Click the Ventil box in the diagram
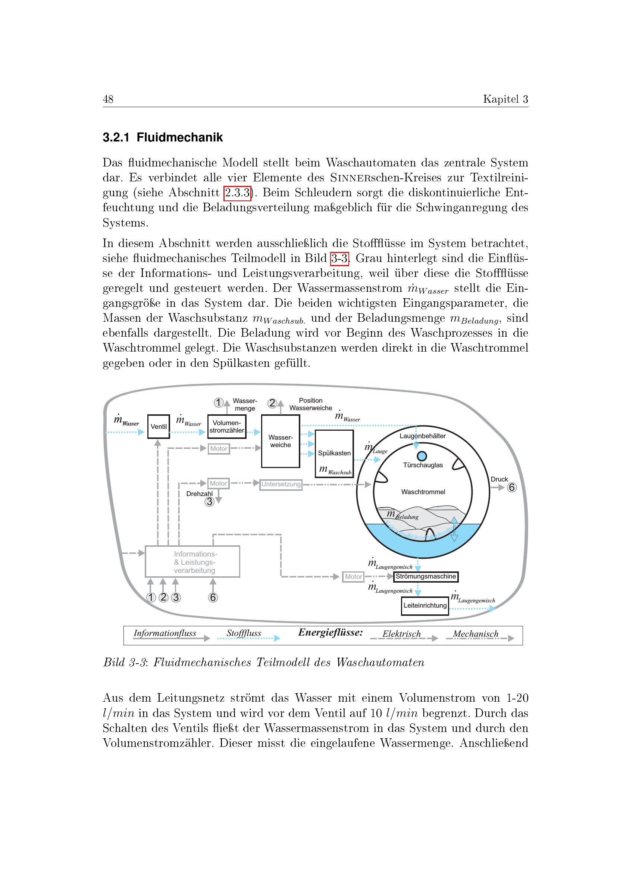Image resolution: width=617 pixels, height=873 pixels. point(159,426)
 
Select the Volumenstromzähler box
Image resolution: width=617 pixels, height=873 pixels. point(227,426)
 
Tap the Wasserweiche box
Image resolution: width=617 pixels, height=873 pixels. point(281,441)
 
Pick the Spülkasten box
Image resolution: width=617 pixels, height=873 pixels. point(334,453)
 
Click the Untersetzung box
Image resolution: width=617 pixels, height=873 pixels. point(281,484)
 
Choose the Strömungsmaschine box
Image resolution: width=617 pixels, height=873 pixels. point(426,576)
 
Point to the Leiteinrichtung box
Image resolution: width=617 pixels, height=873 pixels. point(425,605)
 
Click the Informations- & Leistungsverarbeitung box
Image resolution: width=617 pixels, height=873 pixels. point(192,562)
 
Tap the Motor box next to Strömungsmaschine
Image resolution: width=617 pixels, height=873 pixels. point(353,577)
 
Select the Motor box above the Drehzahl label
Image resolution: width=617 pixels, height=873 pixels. point(219,483)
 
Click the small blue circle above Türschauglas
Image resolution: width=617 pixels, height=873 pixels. point(422,456)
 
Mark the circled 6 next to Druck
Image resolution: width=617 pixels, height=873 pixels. point(512,487)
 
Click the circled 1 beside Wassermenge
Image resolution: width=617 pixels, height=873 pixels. point(219,402)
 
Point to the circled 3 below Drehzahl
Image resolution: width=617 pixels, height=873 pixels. point(209,502)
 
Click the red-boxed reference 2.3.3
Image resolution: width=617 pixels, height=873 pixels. point(238,193)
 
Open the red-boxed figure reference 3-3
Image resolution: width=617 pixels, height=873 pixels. point(339,259)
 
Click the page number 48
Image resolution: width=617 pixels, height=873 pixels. point(108,99)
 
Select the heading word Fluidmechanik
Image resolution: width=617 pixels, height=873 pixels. point(180,137)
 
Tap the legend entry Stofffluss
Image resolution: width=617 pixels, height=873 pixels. point(244,633)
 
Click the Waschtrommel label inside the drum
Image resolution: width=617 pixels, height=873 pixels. point(423,492)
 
